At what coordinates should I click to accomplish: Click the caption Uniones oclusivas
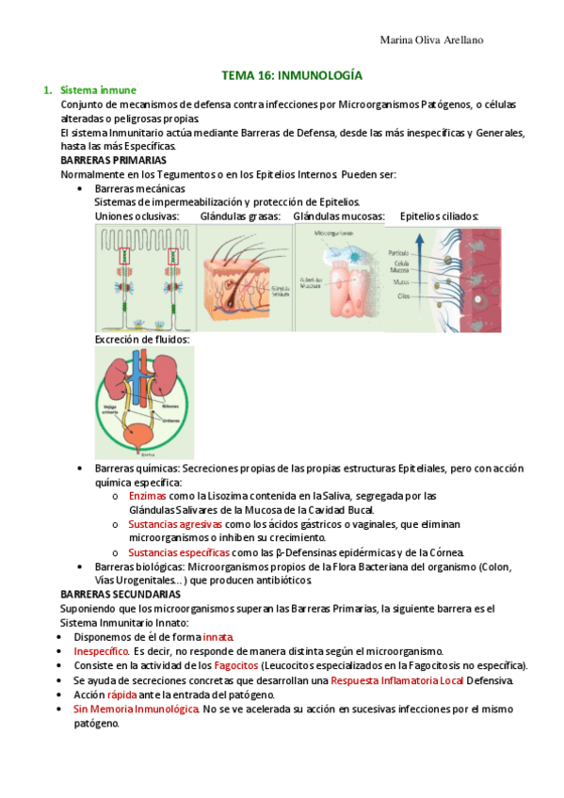point(137,216)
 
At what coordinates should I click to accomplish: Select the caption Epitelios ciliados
point(439,216)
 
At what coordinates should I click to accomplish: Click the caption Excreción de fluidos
point(142,339)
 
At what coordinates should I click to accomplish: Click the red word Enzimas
point(148,495)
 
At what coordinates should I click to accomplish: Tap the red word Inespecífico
point(101,650)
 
